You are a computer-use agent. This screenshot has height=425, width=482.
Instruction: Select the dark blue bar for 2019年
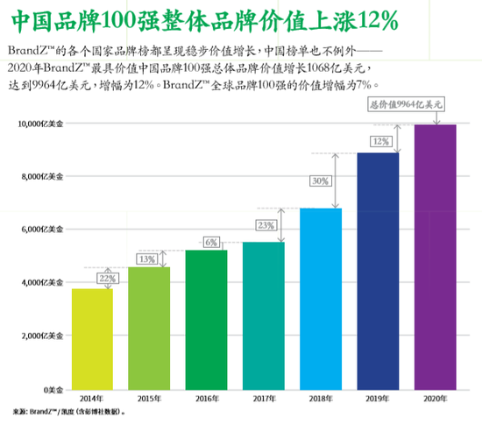(x=378, y=271)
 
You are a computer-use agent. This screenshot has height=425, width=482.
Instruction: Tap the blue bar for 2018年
(x=321, y=298)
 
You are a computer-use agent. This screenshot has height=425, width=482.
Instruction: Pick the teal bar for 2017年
(x=264, y=315)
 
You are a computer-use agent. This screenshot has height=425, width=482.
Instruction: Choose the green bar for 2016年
(x=207, y=319)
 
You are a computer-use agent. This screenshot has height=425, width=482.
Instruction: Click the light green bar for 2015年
(x=149, y=328)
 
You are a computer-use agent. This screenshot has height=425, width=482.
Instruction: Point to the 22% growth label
(x=108, y=278)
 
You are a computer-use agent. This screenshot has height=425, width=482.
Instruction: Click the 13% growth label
(x=146, y=259)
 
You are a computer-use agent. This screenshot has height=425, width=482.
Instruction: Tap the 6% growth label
(x=211, y=242)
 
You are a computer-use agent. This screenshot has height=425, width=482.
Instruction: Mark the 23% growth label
(x=266, y=225)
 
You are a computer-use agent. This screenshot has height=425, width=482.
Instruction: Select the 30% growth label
(x=320, y=181)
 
